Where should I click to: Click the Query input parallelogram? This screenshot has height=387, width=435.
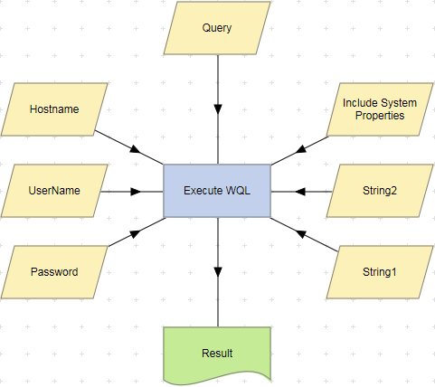[x=217, y=28]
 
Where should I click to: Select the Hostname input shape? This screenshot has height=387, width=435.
[x=54, y=109]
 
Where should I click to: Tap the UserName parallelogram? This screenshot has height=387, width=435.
[x=54, y=191]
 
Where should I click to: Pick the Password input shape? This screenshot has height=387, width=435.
[x=54, y=271]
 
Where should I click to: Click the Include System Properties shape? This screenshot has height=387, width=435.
[x=380, y=109]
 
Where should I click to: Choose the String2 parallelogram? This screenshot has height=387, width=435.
[x=380, y=191]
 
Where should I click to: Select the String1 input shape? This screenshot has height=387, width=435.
[x=380, y=271]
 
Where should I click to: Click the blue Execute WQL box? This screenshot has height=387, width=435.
[x=217, y=191]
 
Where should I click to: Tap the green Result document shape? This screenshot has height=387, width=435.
[x=217, y=353]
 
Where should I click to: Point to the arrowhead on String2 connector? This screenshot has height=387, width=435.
[x=299, y=191]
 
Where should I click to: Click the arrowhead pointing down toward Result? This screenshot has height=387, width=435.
[x=217, y=272]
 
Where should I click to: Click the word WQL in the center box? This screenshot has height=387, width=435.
[x=237, y=191]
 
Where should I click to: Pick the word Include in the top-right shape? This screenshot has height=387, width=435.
[x=361, y=102]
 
